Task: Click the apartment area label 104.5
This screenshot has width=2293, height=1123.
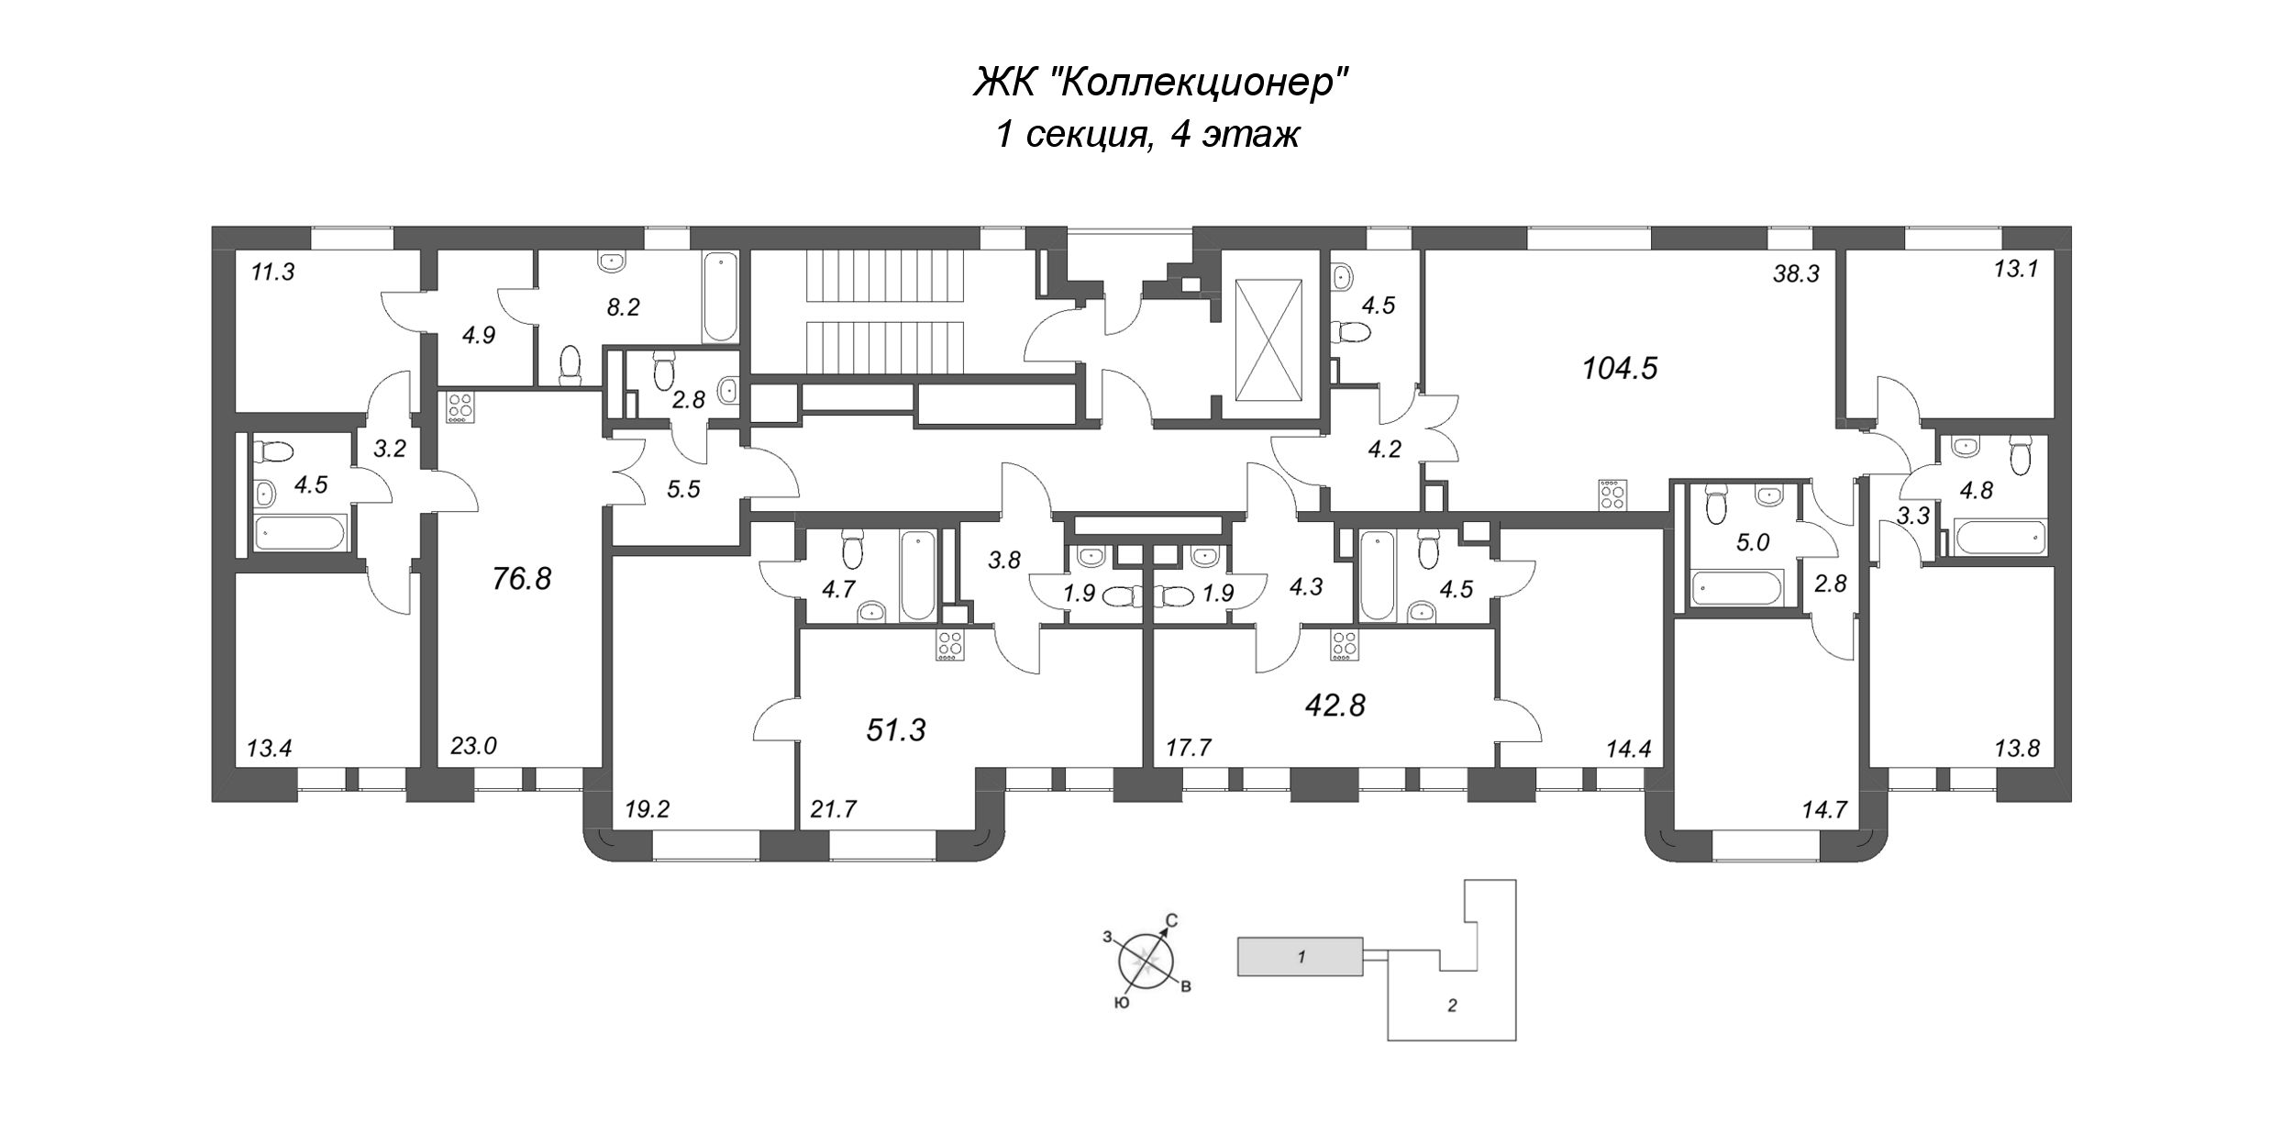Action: (1620, 370)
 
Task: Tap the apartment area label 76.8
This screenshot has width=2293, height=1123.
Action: (522, 579)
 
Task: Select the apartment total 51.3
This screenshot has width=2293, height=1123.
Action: (896, 730)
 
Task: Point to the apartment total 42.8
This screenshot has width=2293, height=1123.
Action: (1335, 706)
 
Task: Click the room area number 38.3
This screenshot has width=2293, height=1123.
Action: (1795, 274)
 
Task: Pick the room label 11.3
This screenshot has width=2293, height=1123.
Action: (272, 272)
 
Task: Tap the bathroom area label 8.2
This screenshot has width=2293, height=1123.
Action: (623, 307)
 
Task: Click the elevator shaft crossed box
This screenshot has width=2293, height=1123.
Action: (1268, 340)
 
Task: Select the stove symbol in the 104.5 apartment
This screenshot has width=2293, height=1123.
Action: (1611, 495)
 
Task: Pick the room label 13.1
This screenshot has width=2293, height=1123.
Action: (2015, 271)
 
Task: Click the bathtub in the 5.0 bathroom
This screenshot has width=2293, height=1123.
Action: (1738, 586)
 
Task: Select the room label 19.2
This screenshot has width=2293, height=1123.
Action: (648, 809)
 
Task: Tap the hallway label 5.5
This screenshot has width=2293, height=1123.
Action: (683, 490)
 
